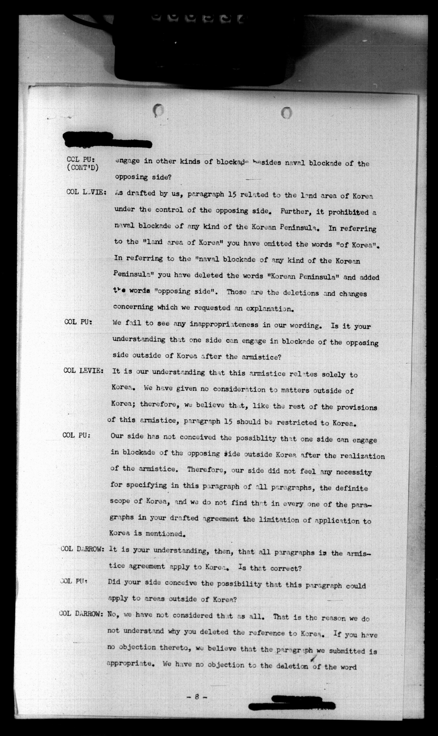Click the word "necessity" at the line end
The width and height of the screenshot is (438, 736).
(354, 472)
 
